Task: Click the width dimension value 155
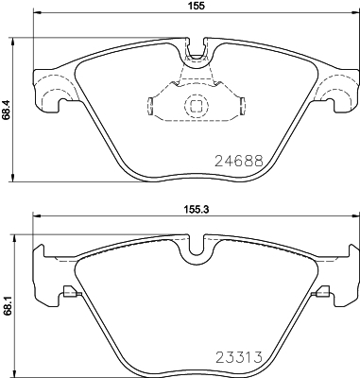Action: pos(197,6)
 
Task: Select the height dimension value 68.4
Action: pos(6,110)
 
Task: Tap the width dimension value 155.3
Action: pos(197,209)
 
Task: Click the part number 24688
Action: pos(238,161)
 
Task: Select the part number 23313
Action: pos(238,357)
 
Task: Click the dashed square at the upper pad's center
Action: pos(197,105)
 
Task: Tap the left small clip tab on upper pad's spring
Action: pos(150,106)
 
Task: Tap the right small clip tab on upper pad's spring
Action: pos(243,106)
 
